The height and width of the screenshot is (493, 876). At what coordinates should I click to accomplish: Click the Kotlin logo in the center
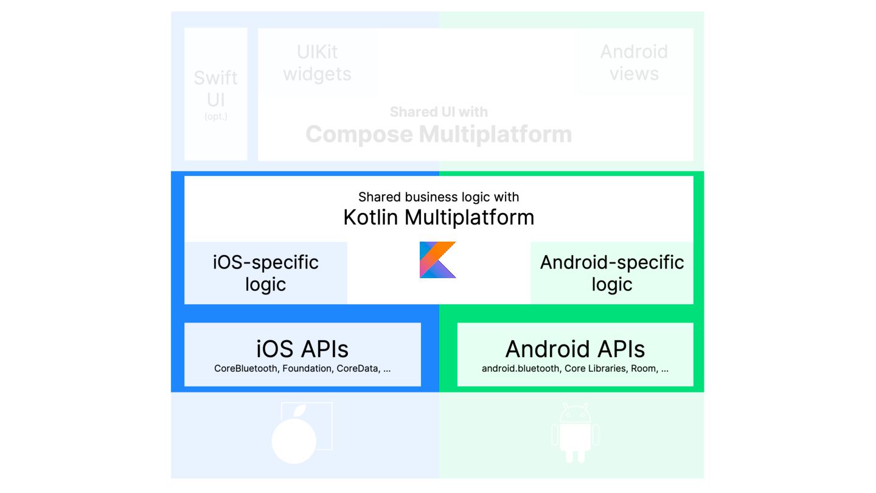[437, 260]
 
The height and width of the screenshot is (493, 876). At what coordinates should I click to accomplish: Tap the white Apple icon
[294, 438]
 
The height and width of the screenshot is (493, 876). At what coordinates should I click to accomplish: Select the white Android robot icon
[575, 432]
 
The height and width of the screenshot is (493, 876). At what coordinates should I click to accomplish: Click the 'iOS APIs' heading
[302, 349]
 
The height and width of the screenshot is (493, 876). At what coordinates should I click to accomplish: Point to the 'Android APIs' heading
[575, 349]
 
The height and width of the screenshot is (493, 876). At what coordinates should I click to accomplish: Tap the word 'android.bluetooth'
[521, 368]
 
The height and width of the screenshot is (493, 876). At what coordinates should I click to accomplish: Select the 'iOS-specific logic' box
[266, 273]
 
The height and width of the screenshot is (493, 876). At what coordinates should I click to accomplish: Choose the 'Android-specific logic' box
[612, 273]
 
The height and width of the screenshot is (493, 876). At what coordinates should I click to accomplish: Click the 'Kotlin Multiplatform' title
[439, 217]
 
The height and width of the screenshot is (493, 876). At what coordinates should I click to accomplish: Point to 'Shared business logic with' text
[439, 197]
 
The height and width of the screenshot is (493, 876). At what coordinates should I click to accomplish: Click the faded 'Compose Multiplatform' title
[439, 134]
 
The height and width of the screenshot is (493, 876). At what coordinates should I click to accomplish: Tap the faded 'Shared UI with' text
[439, 112]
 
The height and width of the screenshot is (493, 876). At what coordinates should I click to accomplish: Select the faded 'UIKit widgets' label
[317, 63]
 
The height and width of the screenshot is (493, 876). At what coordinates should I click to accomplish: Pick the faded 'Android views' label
[634, 63]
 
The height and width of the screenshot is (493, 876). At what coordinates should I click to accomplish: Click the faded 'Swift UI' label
[216, 89]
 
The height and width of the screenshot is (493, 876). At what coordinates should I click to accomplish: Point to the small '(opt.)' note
[216, 116]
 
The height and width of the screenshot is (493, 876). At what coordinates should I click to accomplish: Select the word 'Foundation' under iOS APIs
[307, 368]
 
